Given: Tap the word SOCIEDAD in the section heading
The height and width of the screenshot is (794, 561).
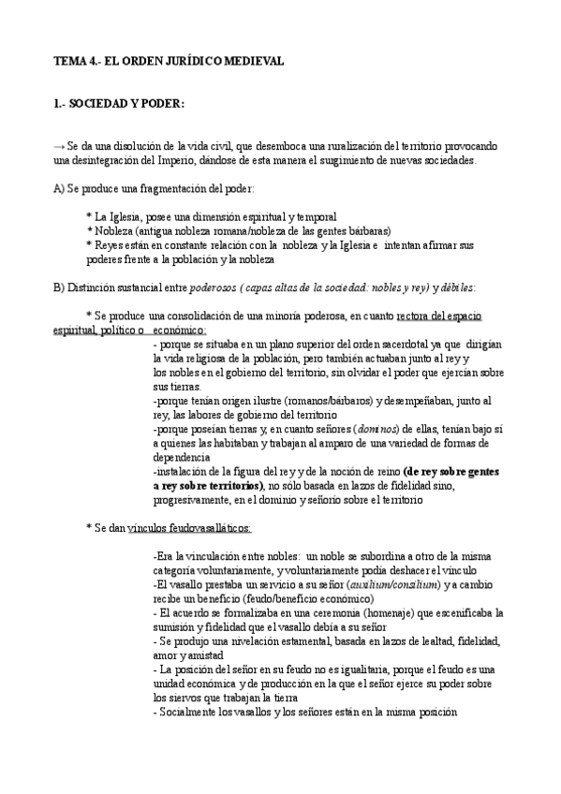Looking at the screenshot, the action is click(x=98, y=103).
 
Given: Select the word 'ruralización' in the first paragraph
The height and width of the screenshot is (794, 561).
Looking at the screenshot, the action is click(x=345, y=147).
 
